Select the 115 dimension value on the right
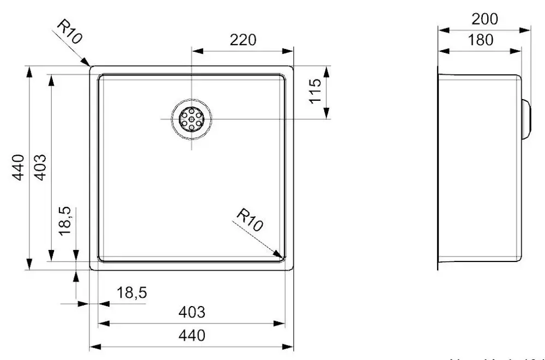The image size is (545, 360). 314,92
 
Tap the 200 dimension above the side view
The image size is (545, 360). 485,19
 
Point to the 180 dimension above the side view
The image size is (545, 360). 480,40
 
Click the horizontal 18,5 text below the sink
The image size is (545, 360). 131,293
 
